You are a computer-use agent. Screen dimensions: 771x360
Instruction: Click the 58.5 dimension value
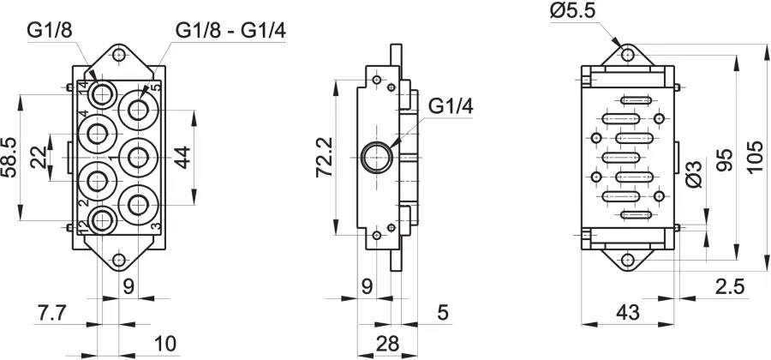(x=9, y=157)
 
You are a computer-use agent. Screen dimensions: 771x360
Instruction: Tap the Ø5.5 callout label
(x=573, y=11)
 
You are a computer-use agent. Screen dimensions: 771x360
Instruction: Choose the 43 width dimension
(x=628, y=312)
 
